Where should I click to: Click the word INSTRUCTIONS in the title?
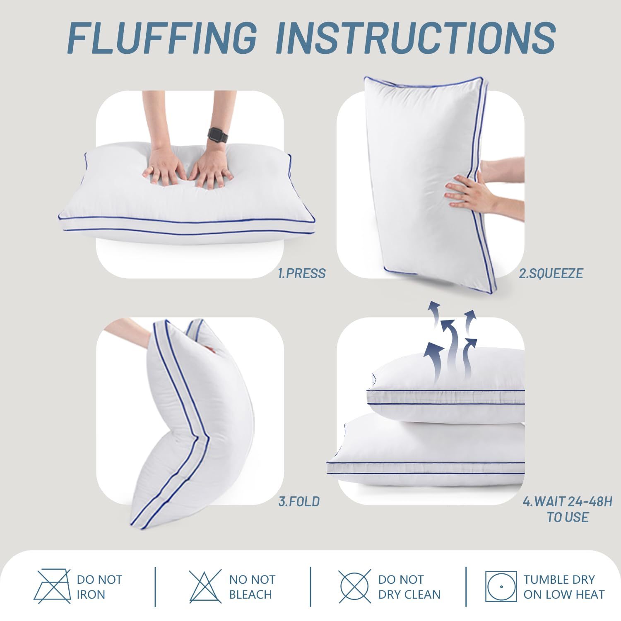pos(415,39)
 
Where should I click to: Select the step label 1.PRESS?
pos(302,274)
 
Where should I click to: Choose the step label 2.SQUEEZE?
pos(551,274)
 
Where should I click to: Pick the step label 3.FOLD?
pos(299,502)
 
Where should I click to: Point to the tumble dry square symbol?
pos(501,587)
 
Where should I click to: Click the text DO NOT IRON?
pos(99,587)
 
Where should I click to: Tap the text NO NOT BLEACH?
pos(252,587)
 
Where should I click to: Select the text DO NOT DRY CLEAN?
pos(409,587)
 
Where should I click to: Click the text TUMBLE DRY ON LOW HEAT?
pos(564,587)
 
